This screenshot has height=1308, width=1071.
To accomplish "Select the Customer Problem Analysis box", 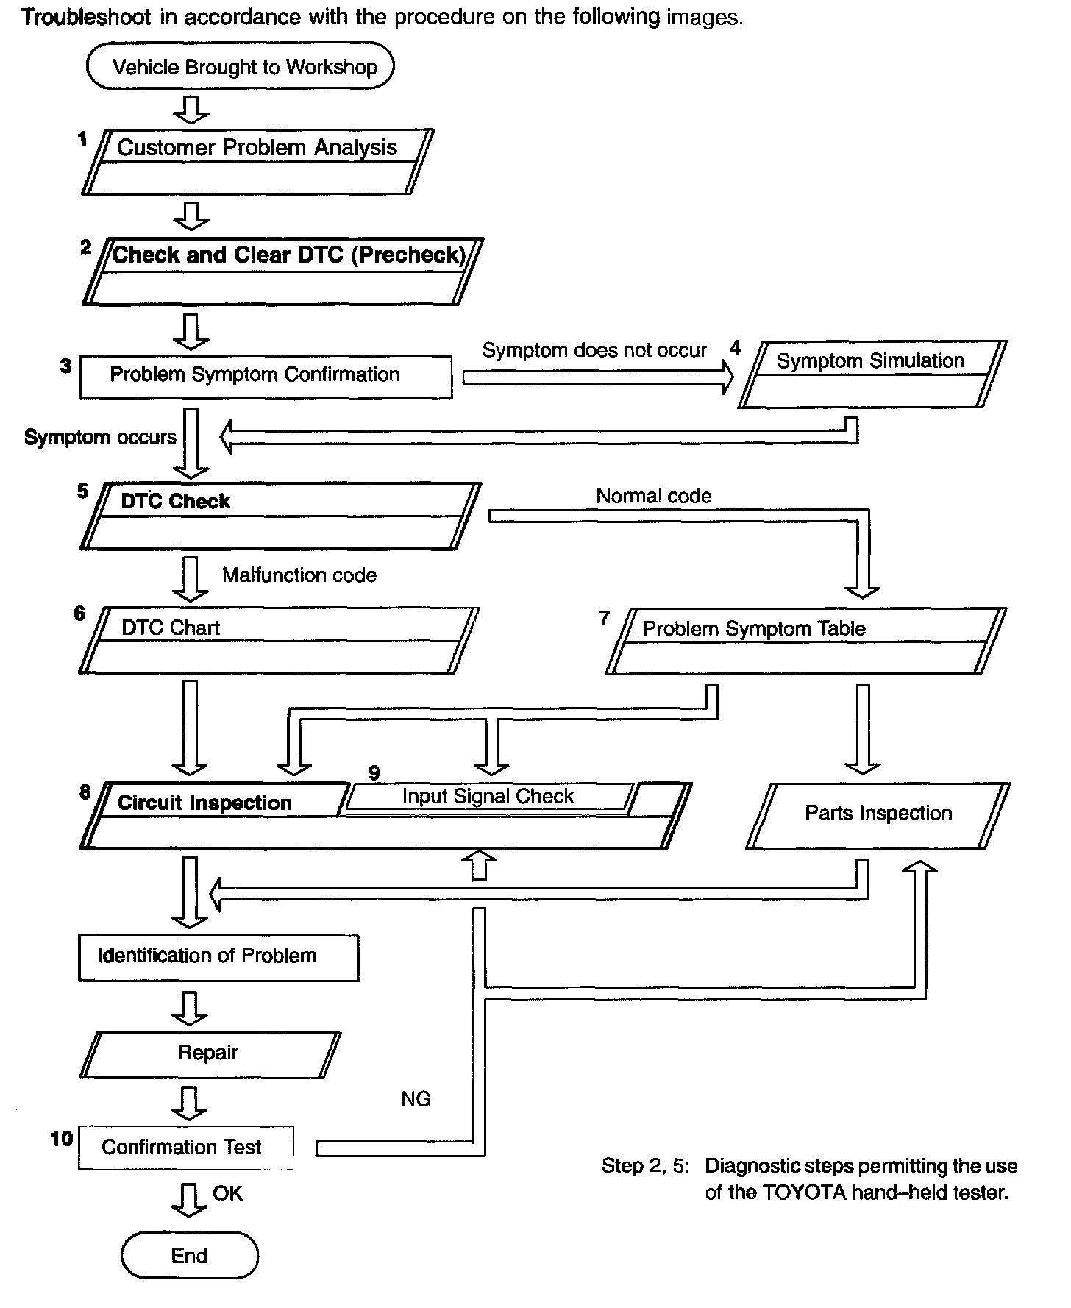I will [257, 161].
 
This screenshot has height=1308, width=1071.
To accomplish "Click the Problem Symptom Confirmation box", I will [266, 377].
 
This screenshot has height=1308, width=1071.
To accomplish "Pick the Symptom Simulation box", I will [872, 373].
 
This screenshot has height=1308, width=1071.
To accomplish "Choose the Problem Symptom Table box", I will [805, 640].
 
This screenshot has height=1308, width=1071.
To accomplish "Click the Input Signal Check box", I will [488, 797].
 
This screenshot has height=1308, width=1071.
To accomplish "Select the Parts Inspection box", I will [878, 814].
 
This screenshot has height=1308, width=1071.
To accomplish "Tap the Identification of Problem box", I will [218, 957].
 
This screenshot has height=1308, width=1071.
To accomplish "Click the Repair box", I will [210, 1053].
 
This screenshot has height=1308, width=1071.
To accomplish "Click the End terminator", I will [189, 1256].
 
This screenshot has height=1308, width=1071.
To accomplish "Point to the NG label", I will [416, 1099].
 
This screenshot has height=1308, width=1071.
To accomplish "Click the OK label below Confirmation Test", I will [227, 1193].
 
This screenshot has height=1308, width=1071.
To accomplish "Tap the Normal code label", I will [653, 497].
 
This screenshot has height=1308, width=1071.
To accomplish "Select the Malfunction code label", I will [299, 575].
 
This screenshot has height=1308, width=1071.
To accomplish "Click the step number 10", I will [62, 1139].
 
